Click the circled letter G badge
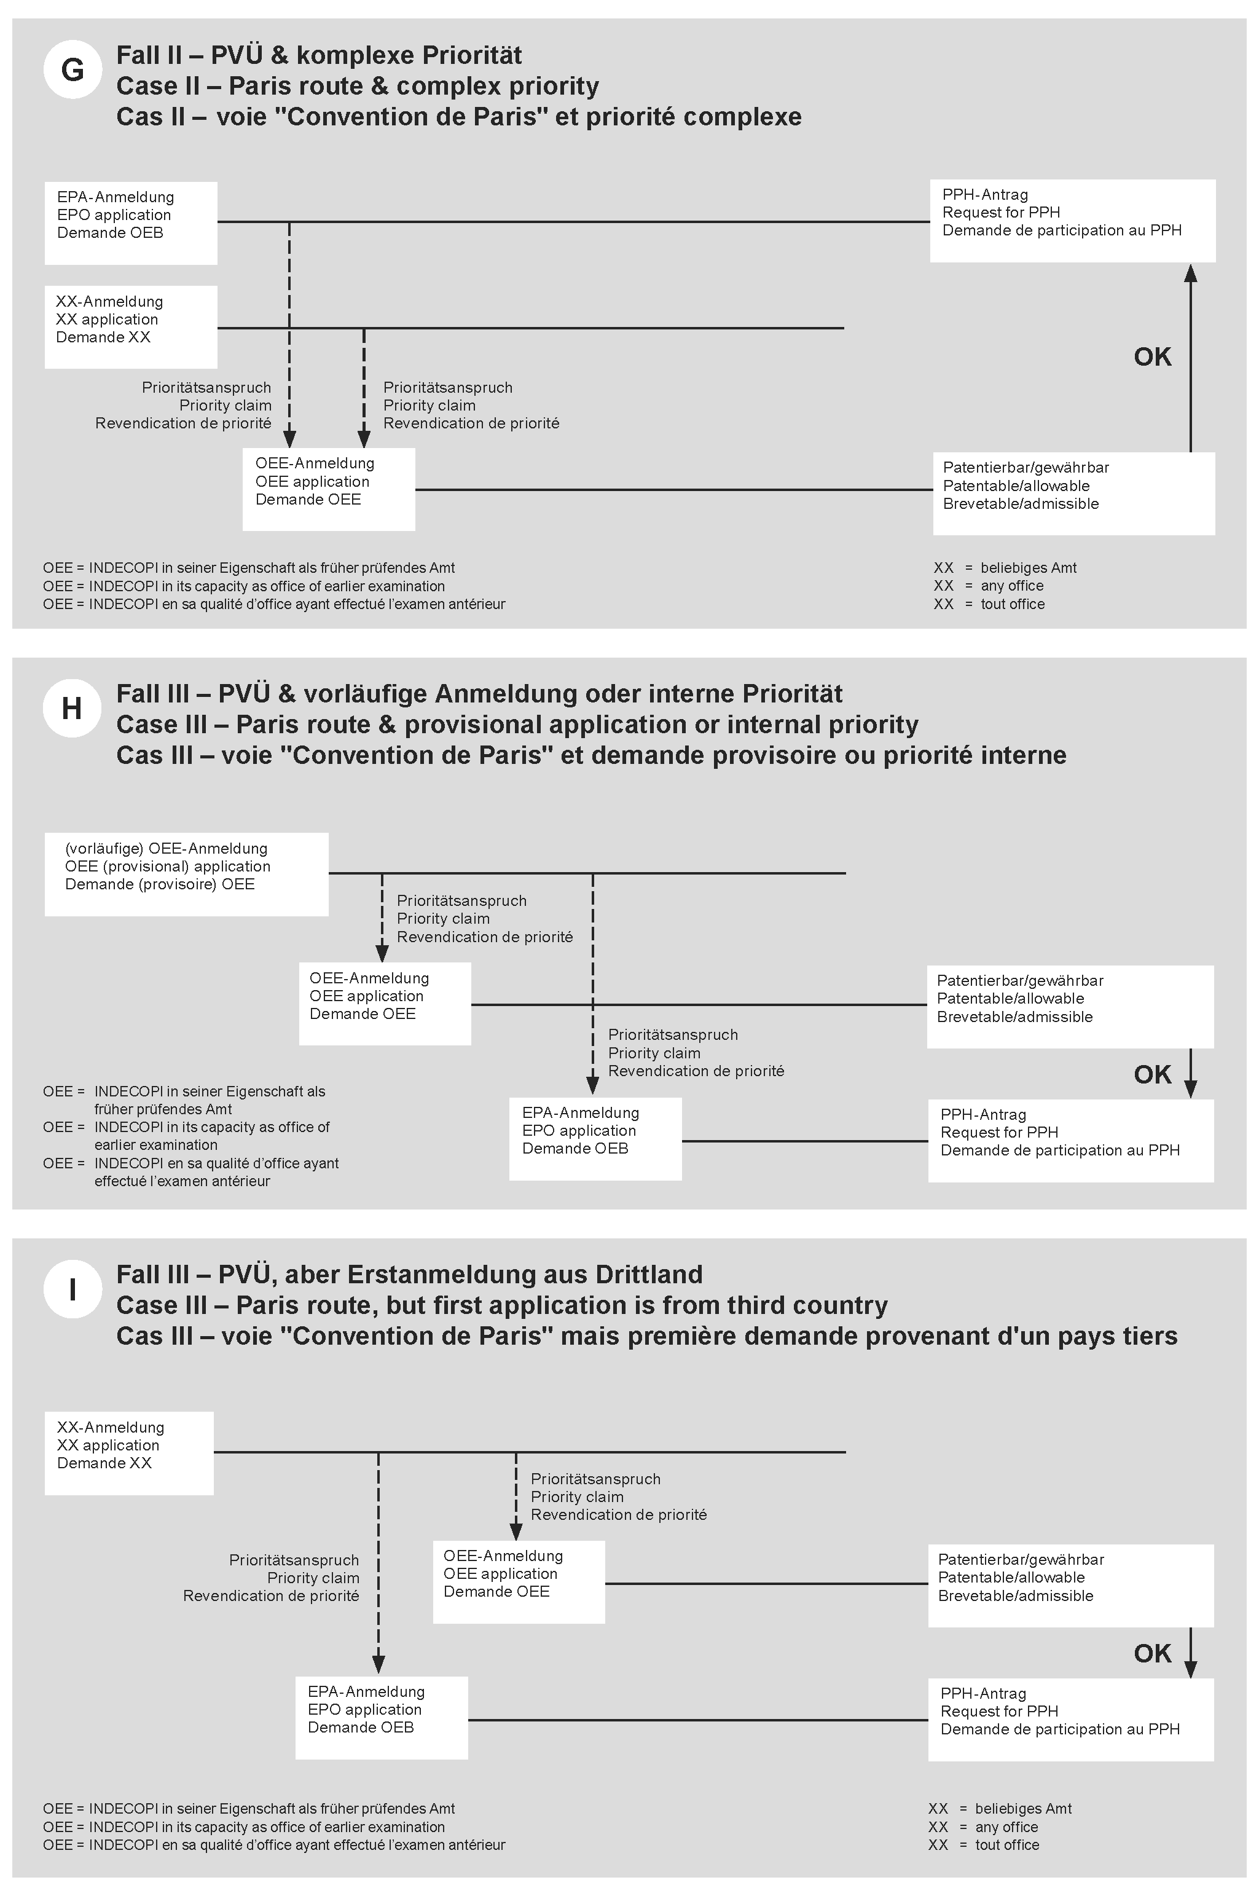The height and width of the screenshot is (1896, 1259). (73, 70)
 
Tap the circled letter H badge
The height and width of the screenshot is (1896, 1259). (73, 708)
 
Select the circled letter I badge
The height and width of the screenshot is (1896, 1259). (73, 1289)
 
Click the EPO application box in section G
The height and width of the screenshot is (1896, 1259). (131, 222)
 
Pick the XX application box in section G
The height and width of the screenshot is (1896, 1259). (131, 327)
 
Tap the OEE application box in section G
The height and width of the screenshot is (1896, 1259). (328, 489)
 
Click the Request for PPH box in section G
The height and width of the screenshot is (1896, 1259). (1072, 221)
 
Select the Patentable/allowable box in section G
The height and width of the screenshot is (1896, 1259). (1073, 493)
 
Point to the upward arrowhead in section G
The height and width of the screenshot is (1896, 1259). (1191, 275)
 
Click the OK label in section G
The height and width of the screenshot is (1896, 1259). (1152, 356)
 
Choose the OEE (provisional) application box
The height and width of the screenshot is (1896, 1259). (186, 874)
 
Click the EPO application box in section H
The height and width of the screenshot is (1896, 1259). (595, 1139)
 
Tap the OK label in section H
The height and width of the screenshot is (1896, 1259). (1152, 1074)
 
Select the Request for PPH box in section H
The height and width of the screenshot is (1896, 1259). (1070, 1140)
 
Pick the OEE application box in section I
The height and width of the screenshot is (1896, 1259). (519, 1581)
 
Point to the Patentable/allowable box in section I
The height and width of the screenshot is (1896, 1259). (1070, 1587)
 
